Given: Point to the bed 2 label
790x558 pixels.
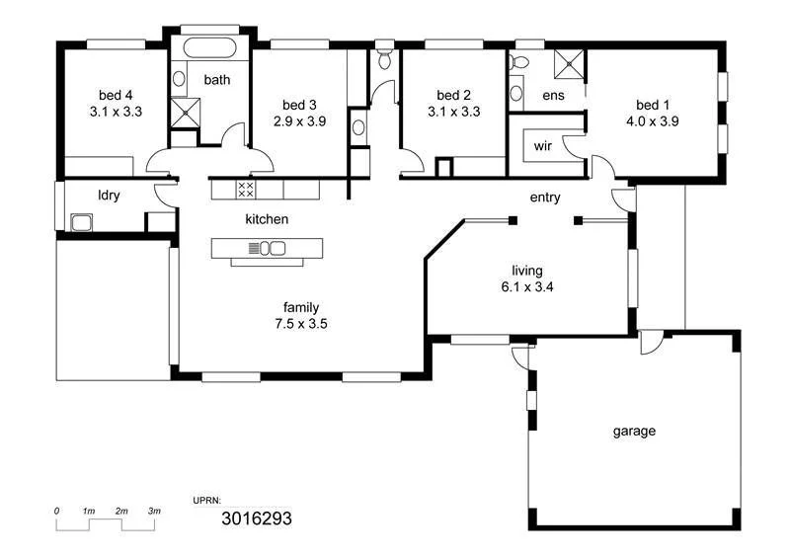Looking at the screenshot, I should [454, 96].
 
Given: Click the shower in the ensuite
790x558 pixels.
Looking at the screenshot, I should [568, 63].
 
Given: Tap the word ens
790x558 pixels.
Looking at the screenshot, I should [553, 96].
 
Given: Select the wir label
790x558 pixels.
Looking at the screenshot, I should [542, 146].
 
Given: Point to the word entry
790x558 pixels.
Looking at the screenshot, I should [545, 198].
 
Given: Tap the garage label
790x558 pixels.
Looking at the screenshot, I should [634, 431].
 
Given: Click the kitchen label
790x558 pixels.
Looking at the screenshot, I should [267, 218].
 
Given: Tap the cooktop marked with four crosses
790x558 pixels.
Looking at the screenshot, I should [247, 188].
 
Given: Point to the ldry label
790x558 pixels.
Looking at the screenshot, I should [109, 195].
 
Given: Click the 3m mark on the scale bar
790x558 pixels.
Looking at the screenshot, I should [154, 511].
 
